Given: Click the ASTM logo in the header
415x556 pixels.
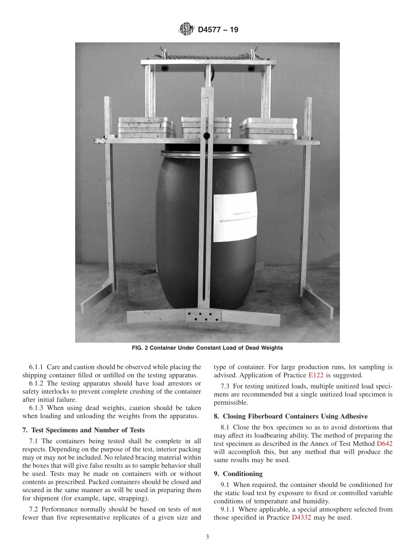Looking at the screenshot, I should [x=187, y=30].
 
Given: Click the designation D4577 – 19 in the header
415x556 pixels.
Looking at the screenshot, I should [x=218, y=30].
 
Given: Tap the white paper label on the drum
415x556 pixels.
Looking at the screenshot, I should [x=235, y=216].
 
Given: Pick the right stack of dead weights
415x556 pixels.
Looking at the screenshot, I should [x=268, y=128].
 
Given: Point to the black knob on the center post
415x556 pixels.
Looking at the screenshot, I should [x=207, y=136].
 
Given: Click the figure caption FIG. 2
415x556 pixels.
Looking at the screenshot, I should [x=207, y=348].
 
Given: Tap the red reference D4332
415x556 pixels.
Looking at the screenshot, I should [x=301, y=518].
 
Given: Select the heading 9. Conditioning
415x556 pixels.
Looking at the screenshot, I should [x=238, y=474].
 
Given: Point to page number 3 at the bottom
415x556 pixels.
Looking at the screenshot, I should [x=207, y=537].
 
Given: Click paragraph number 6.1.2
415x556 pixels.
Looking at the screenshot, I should [x=38, y=383].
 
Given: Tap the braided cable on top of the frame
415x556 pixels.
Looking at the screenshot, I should [x=207, y=56].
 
